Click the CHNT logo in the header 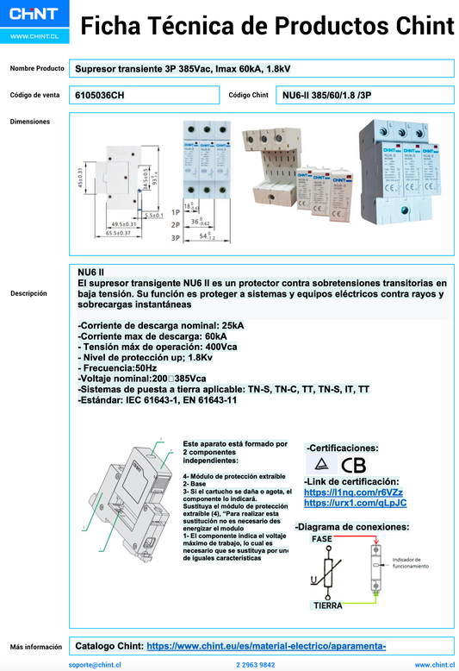pyautogui.click(x=34, y=16)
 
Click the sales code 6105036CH pyautogui.click(x=100, y=95)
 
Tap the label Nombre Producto pyautogui.click(x=37, y=68)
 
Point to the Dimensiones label pyautogui.click(x=29, y=122)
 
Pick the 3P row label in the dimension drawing pyautogui.click(x=176, y=235)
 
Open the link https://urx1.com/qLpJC pyautogui.click(x=355, y=503)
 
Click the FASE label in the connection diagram pyautogui.click(x=321, y=538)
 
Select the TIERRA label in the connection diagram pyautogui.click(x=327, y=605)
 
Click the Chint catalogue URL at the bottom pyautogui.click(x=266, y=645)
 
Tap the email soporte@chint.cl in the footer pyautogui.click(x=95, y=665)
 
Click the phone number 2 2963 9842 pyautogui.click(x=255, y=665)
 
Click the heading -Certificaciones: pyautogui.click(x=342, y=448)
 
